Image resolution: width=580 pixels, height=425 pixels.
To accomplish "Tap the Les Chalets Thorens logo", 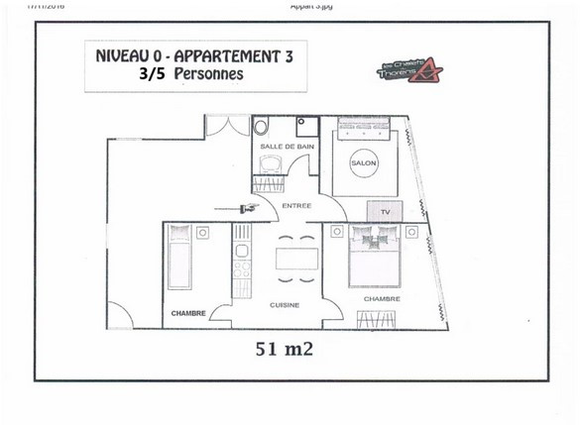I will tap(409, 71).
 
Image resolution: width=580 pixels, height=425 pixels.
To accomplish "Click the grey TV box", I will tap(382, 211).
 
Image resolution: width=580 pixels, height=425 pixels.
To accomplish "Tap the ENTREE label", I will tap(296, 206).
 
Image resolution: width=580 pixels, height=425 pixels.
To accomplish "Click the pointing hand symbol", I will tap(245, 207).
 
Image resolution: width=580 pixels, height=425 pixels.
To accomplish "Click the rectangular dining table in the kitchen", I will tap(296, 258).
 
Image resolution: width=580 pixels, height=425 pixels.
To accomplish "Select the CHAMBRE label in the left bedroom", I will tap(187, 313).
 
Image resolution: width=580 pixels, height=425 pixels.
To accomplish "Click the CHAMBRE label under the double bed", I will tap(382, 298).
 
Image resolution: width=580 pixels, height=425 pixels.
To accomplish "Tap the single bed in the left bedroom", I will tap(180, 258).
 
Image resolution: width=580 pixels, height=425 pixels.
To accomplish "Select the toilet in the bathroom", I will tap(262, 128).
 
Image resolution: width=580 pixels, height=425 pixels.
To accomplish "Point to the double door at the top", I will tap(227, 127).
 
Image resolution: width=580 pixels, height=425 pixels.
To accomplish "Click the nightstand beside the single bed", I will tap(202, 233).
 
